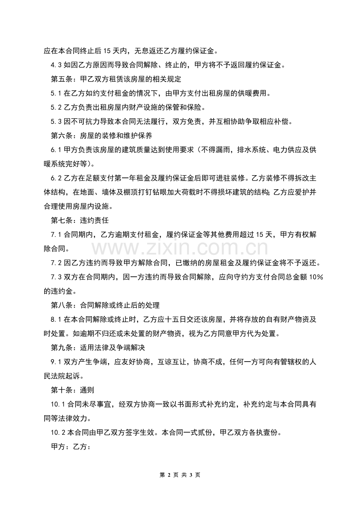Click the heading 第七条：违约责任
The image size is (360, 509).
point(80,220)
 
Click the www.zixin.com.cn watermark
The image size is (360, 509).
point(180,248)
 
